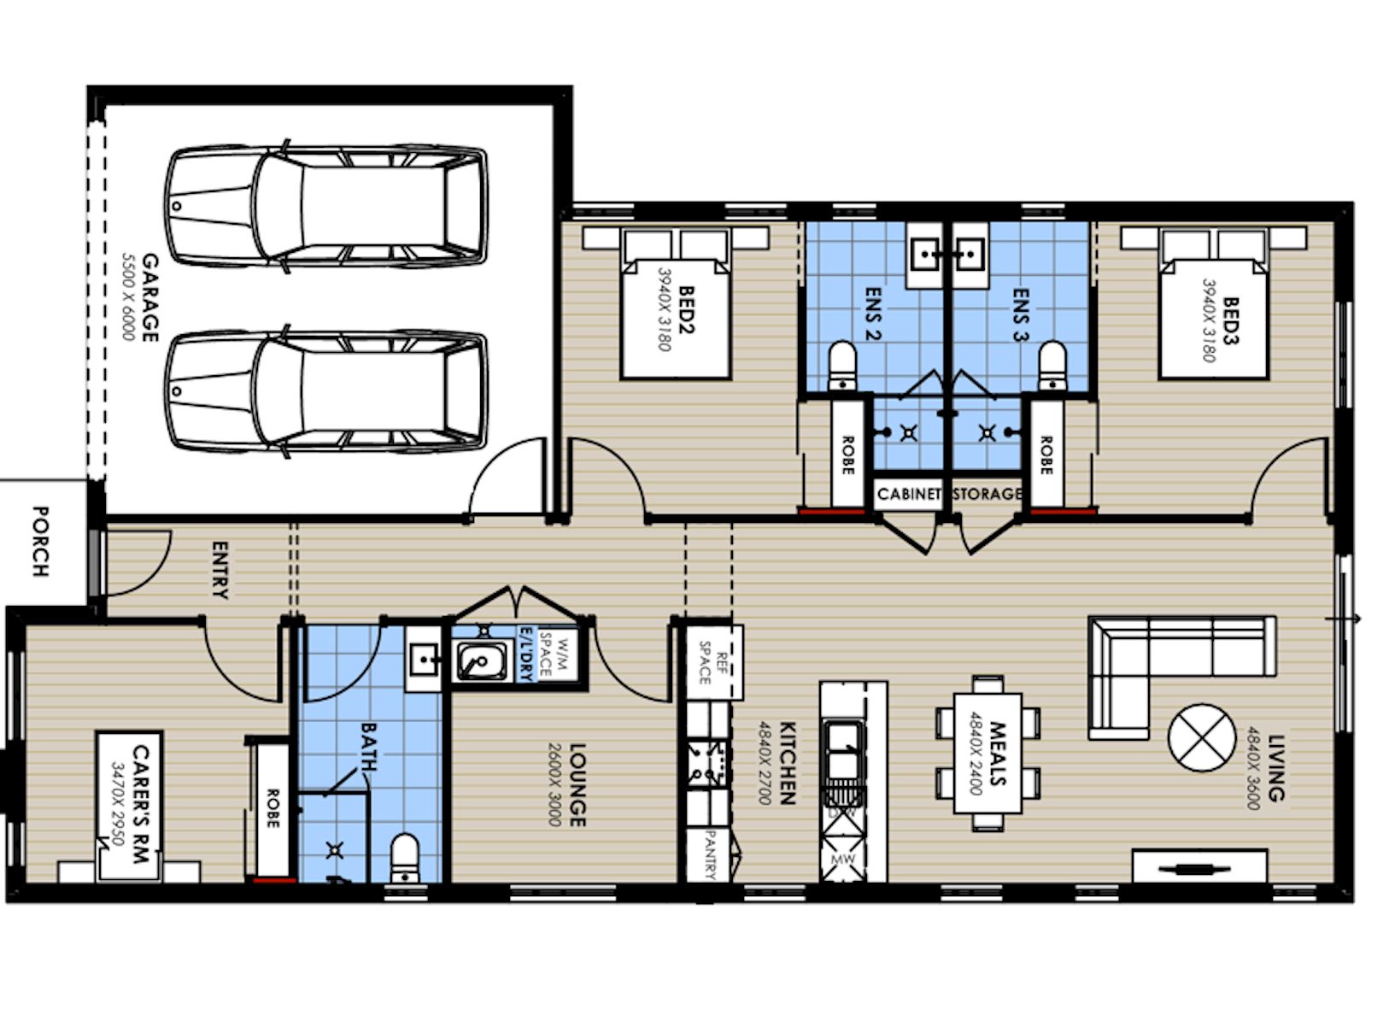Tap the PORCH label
[x=39, y=541]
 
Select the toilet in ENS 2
[x=842, y=366]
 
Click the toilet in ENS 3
[x=1052, y=366]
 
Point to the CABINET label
[x=909, y=494]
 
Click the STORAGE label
[x=987, y=494]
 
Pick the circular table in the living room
[x=1201, y=737]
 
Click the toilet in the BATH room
[x=404, y=857]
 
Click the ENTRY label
[x=220, y=570]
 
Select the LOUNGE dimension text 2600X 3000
[x=554, y=783]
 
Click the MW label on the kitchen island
[x=842, y=858]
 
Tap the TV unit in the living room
[x=1199, y=866]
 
